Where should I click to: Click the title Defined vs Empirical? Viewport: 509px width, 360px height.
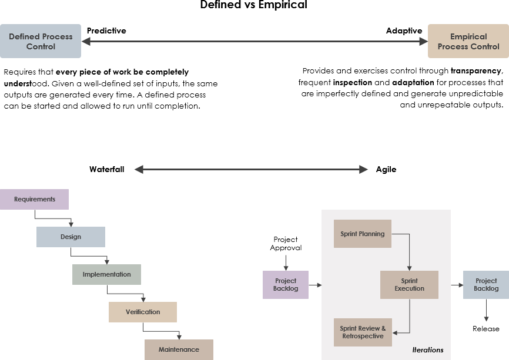253,5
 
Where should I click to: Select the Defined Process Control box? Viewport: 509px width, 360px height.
41,41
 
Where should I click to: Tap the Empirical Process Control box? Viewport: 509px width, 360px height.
468,41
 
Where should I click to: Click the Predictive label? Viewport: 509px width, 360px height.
106,31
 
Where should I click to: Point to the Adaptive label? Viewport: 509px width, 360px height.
404,31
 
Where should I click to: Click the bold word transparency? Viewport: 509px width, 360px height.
477,71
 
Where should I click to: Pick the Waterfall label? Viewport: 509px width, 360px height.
106,169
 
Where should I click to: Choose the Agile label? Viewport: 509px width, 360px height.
386,169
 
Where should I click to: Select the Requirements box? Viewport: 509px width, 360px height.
35,199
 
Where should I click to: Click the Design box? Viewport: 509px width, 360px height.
71,237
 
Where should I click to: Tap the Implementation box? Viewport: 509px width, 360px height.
106,274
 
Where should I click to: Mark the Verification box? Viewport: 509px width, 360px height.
143,312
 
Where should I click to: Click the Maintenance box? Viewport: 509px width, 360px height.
179,349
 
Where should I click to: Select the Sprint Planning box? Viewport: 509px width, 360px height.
362,234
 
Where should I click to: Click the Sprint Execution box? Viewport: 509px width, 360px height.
409,285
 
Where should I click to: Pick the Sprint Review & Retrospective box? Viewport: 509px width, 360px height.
363,332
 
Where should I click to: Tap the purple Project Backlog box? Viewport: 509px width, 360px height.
286,285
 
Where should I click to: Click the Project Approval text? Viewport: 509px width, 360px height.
286,243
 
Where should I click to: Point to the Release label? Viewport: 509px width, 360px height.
485,329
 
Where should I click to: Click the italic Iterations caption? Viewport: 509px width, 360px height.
427,350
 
